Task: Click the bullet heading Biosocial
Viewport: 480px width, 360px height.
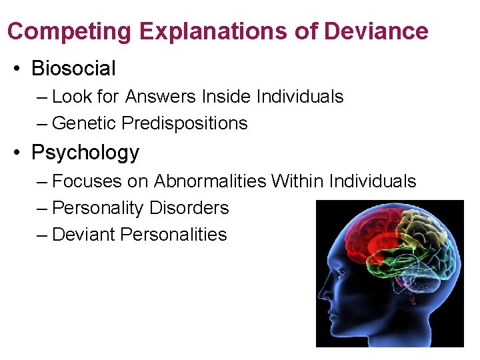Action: coord(73,68)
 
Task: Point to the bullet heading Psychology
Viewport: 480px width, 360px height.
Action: coord(85,153)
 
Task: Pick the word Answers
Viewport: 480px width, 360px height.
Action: coord(157,97)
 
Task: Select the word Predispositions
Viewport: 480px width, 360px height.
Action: coord(185,123)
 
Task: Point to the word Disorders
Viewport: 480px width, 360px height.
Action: coord(189,208)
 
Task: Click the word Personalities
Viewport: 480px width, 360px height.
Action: coord(173,235)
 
